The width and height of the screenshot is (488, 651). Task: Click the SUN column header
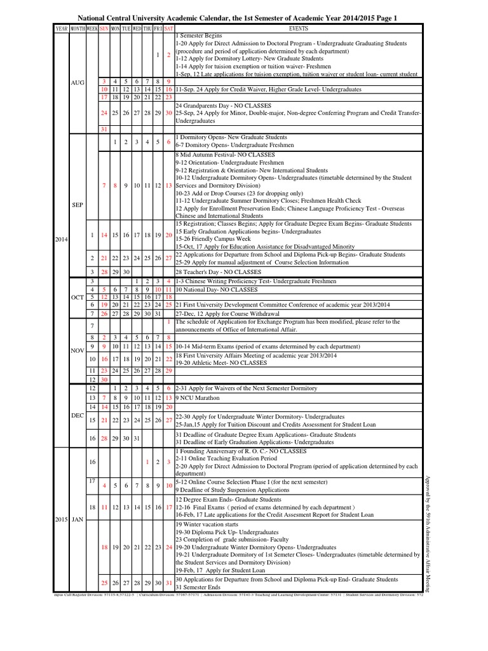[x=104, y=29]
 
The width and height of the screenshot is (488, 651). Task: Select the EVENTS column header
[x=298, y=29]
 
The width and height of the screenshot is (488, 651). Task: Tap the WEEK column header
[x=92, y=29]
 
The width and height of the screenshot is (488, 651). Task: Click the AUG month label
[x=78, y=83]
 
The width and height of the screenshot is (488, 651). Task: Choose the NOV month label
[x=78, y=350]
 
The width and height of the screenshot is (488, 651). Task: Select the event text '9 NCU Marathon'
[x=196, y=397]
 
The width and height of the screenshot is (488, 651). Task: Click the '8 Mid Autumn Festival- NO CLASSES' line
[x=225, y=154]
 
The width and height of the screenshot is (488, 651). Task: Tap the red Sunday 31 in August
[x=104, y=129]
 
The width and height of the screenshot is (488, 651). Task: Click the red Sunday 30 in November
[x=104, y=380]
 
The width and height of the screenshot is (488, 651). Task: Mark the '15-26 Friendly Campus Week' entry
[x=213, y=239]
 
